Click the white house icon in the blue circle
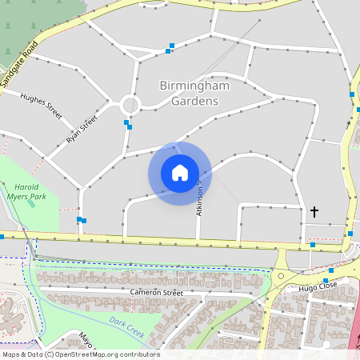click(180, 173)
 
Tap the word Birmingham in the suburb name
click(194, 86)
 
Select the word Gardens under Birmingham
click(194, 102)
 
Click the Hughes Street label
click(41, 105)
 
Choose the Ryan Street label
click(82, 129)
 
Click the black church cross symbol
click(314, 212)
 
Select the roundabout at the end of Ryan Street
click(130, 105)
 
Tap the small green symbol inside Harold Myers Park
click(31, 203)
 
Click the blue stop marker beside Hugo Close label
click(326, 281)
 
